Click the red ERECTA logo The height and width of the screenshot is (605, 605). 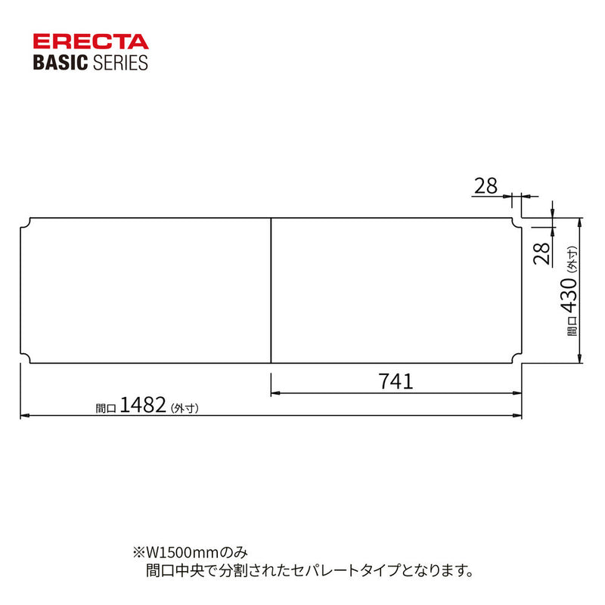pyautogui.click(x=91, y=42)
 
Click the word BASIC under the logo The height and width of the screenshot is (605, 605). pyautogui.click(x=60, y=63)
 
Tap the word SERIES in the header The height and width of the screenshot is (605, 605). pyautogui.click(x=120, y=63)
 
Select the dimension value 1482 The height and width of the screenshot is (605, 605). pyautogui.click(x=143, y=405)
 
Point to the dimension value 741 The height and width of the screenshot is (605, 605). pyautogui.click(x=396, y=381)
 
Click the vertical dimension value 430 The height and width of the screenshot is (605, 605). pyautogui.click(x=569, y=295)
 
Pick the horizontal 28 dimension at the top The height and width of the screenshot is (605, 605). pyautogui.click(x=486, y=186)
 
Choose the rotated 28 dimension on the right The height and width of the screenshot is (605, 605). pyautogui.click(x=541, y=253)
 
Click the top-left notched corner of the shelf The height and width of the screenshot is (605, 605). pyautogui.click(x=26, y=223)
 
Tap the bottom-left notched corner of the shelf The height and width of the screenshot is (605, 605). pyautogui.click(x=26, y=358)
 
